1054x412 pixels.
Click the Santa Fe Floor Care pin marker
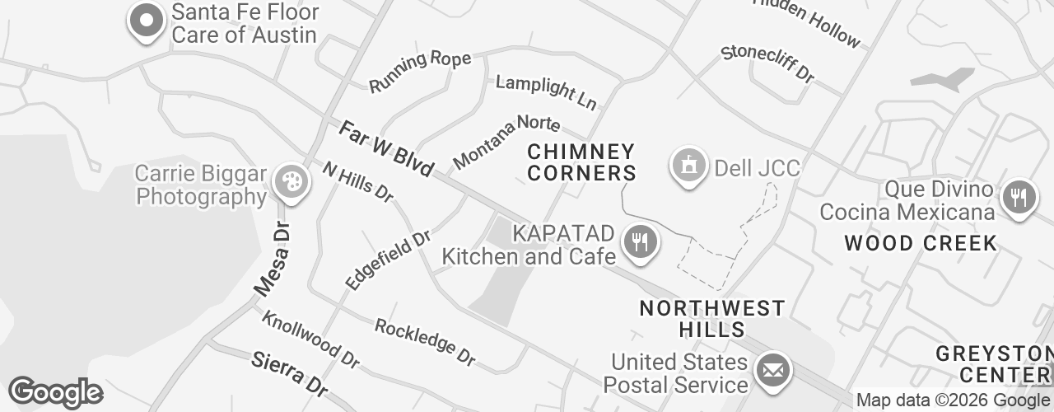[x=147, y=20]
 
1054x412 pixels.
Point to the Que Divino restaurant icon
[x=1019, y=197]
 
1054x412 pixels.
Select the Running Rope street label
[x=420, y=71]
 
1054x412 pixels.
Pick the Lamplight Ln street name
[x=546, y=92]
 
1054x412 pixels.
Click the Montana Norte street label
[x=506, y=141]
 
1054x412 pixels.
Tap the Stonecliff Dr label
[x=767, y=63]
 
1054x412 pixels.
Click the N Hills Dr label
[x=358, y=181]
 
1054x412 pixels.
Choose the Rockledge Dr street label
[x=425, y=341]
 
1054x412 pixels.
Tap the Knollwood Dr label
[x=310, y=339]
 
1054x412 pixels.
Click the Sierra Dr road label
[x=289, y=372]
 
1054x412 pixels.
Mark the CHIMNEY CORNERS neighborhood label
[x=581, y=162]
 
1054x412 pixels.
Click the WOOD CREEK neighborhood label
[x=921, y=243]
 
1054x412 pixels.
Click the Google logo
[x=54, y=393]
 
